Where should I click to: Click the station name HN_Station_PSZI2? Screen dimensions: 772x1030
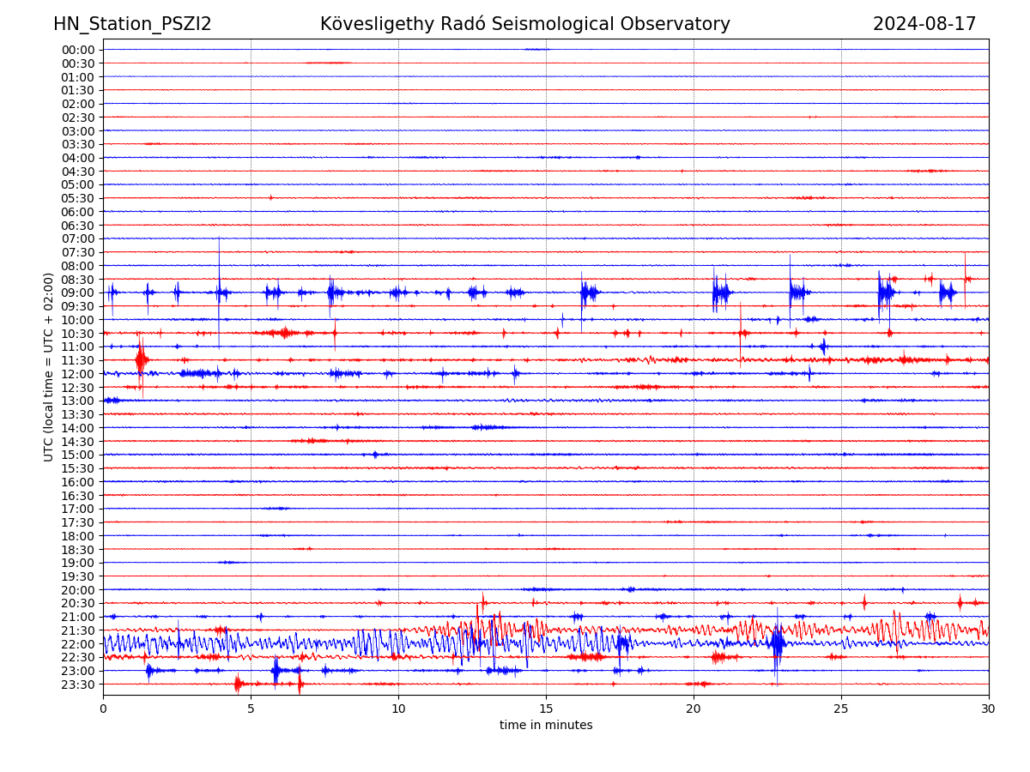coord(132,24)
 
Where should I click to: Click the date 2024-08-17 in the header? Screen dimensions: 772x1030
coord(924,24)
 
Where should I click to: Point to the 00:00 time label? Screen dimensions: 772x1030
coord(78,50)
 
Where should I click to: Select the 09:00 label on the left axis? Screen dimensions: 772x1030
coord(78,293)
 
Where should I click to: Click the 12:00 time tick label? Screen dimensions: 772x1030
coord(78,374)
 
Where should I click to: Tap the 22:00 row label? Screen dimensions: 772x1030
coord(78,644)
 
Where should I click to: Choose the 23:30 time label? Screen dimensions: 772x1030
coord(78,685)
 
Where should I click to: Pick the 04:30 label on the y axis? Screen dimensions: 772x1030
coord(78,172)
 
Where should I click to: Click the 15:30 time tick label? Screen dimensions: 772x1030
coord(78,468)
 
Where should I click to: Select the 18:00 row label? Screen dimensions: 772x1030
coord(78,536)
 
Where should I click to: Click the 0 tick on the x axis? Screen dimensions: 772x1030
coord(103,709)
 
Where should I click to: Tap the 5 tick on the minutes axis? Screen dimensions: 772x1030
coord(251,709)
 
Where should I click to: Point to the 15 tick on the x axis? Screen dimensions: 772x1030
coord(546,709)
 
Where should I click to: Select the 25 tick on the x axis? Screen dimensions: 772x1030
coord(841,709)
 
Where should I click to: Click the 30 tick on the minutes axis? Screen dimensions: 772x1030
coord(989,709)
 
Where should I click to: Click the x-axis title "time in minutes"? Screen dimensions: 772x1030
coord(546,726)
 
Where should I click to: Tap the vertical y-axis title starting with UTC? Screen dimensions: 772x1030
coord(49,366)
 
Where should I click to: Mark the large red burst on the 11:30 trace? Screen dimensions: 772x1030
coord(141,359)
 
